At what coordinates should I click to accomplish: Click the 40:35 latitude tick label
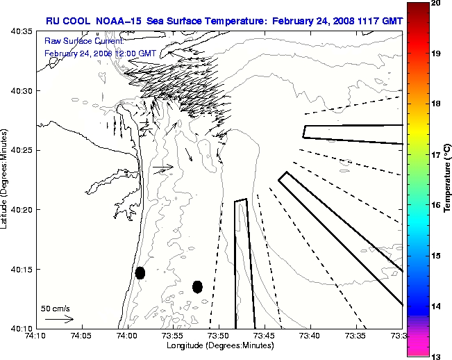coord(23,32)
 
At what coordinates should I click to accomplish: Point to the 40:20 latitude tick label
coord(23,210)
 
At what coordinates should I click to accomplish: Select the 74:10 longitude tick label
coord(37,336)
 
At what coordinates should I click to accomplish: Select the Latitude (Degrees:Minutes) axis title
coord(6,179)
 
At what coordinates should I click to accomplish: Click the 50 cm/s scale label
coord(56,308)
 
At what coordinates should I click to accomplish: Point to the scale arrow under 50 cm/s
coord(58,319)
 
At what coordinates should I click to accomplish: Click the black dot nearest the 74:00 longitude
coord(140,272)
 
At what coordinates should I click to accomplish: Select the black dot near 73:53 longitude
coord(197,286)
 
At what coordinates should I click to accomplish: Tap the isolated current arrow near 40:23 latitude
coord(162,167)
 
